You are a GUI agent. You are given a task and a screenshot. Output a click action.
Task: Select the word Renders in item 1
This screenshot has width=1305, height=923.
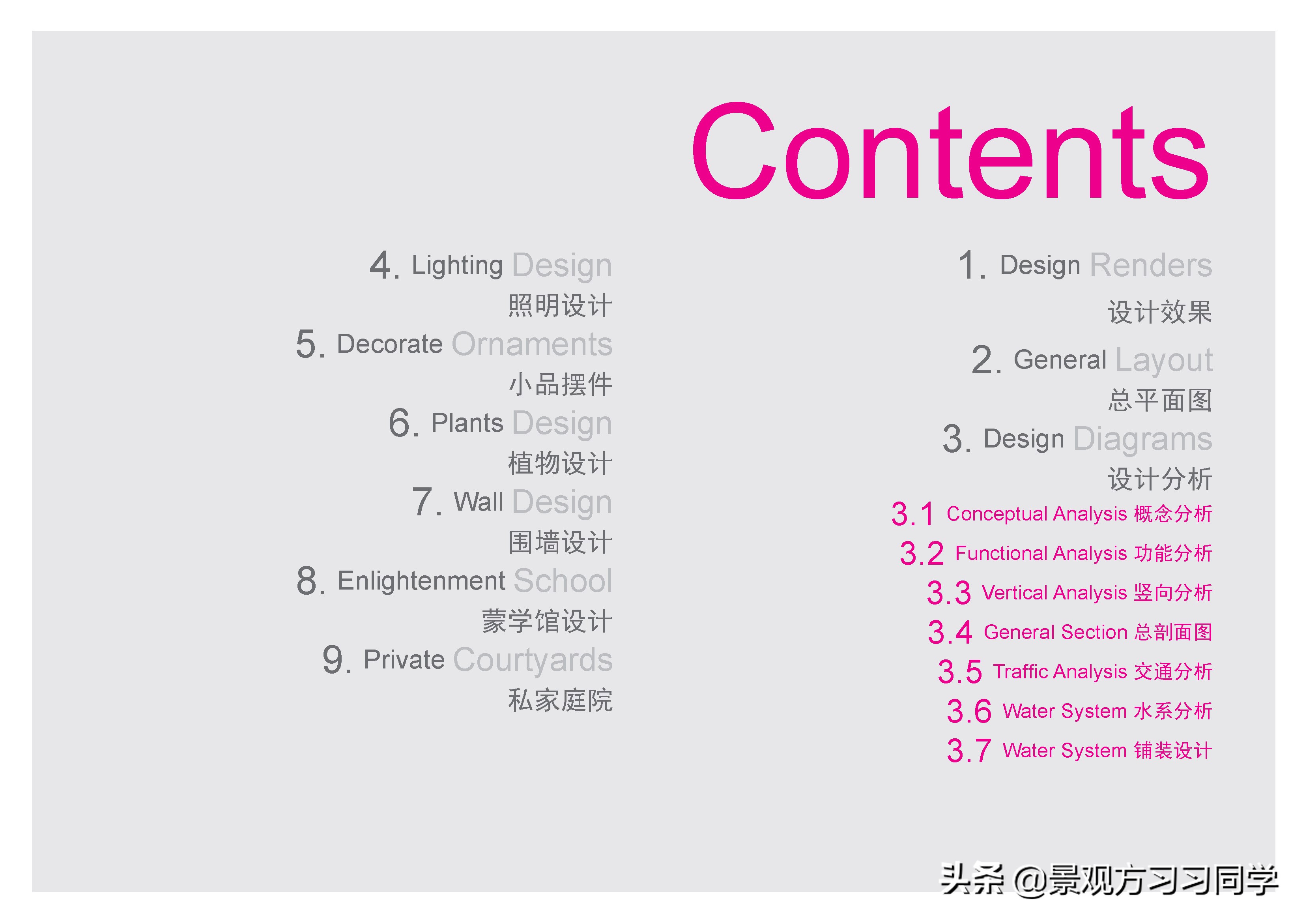[1151, 265]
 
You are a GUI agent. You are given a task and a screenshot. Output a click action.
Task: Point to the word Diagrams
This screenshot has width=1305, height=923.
[1143, 440]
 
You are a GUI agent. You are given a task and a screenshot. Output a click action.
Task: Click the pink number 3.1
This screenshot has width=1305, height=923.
[913, 514]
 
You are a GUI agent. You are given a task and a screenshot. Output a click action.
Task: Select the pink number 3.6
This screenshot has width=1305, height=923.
[969, 711]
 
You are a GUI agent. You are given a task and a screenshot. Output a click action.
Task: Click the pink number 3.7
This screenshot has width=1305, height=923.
[969, 751]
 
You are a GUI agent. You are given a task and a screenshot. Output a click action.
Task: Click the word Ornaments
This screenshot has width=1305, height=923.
[533, 344]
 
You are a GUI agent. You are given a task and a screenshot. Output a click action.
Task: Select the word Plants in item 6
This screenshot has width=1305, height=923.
[467, 423]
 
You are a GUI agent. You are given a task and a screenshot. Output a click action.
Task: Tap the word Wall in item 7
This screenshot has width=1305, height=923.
[479, 502]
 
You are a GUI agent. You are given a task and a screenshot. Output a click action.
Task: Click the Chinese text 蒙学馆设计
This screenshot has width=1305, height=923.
[547, 621]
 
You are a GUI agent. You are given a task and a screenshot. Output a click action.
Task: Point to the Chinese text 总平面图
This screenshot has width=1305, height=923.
[1160, 400]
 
